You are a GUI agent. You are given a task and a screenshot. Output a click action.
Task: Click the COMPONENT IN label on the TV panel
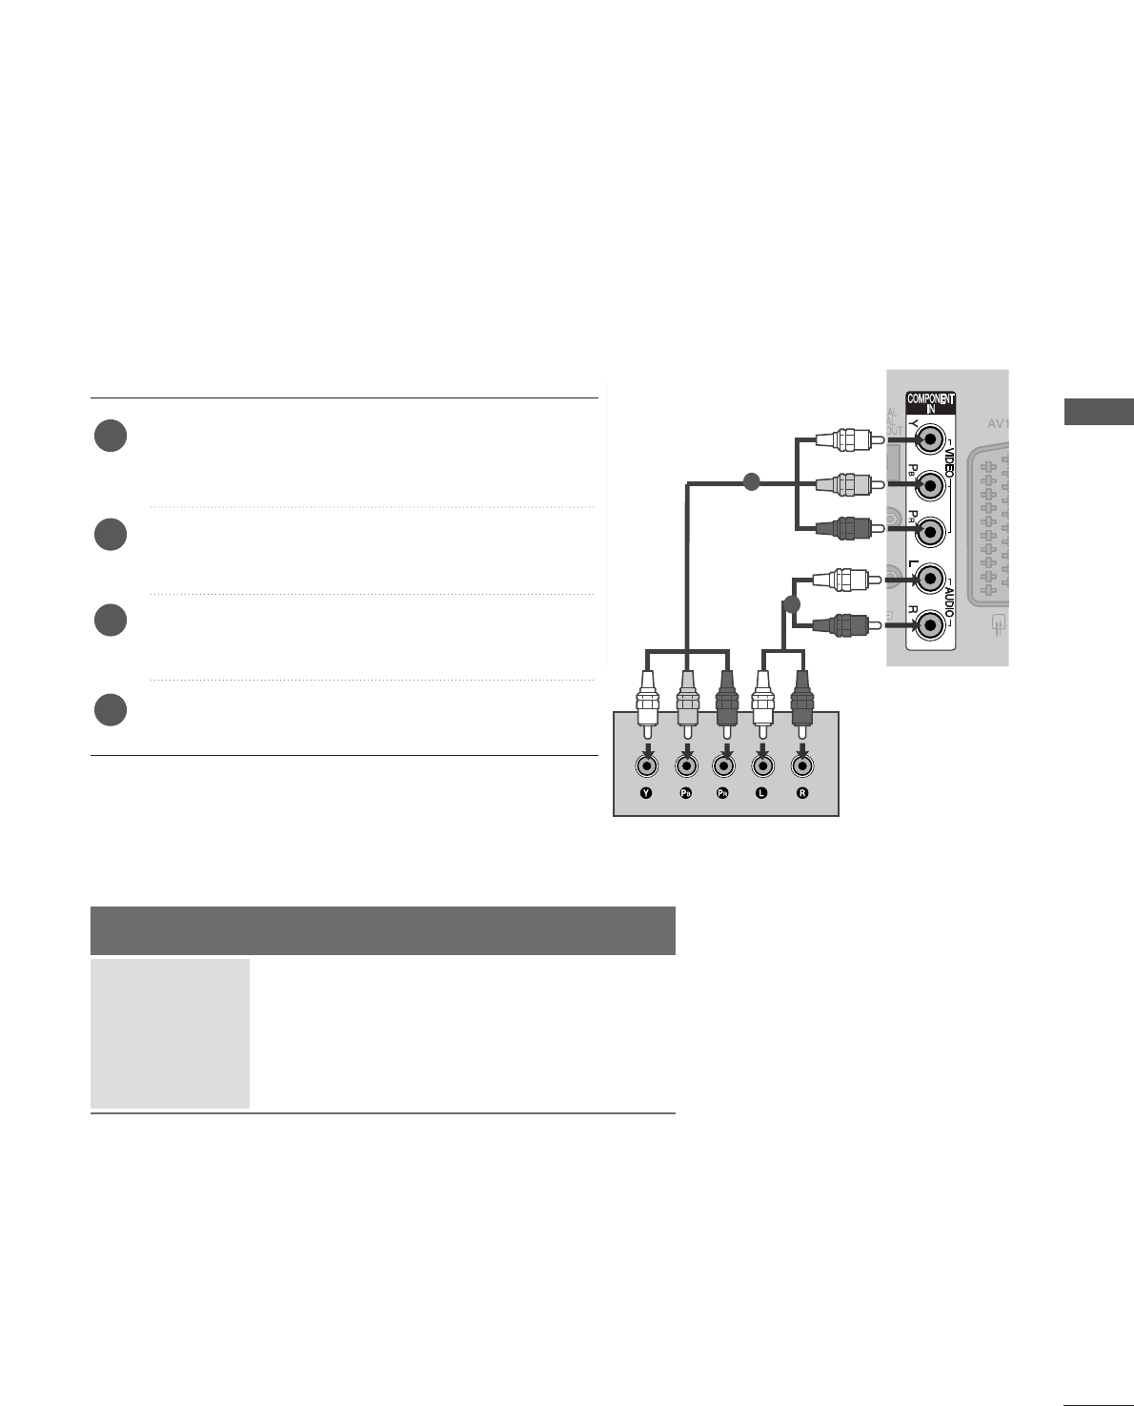(930, 403)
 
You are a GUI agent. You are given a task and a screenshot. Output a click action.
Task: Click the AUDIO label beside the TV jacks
(948, 601)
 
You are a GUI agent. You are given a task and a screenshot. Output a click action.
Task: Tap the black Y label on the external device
(646, 793)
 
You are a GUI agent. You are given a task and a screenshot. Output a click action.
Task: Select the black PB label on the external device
(685, 793)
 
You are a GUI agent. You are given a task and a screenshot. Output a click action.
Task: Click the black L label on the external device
(761, 793)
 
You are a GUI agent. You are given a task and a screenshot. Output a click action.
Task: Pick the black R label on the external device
(802, 793)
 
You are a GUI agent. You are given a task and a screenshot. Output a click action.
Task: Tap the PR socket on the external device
(725, 764)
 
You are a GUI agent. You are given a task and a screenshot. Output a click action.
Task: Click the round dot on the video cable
(750, 483)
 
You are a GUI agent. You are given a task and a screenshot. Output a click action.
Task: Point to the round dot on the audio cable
(790, 604)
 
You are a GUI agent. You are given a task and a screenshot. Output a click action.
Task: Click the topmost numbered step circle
(111, 436)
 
